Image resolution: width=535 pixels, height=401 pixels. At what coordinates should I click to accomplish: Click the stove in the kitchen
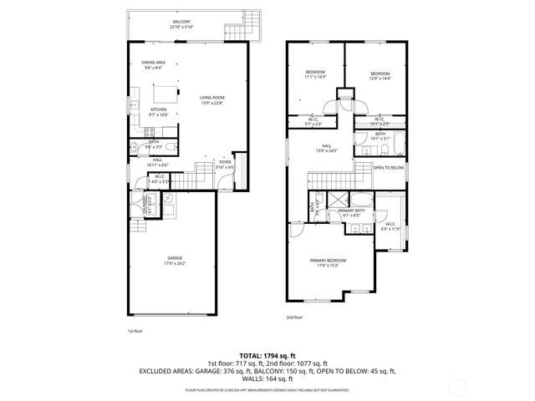coord(147,131)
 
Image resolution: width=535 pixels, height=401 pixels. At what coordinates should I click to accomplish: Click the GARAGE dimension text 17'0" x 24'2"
coord(175,263)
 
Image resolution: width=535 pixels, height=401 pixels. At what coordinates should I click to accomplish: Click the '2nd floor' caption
coord(294,318)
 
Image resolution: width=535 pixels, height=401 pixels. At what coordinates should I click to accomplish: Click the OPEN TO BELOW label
coord(389,168)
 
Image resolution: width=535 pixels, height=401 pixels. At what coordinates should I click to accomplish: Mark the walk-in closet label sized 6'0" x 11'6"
coord(390,226)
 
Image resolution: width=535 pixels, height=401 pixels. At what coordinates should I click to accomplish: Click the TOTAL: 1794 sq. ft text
coord(267,354)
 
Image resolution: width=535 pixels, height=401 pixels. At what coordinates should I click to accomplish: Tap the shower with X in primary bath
coord(337,200)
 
